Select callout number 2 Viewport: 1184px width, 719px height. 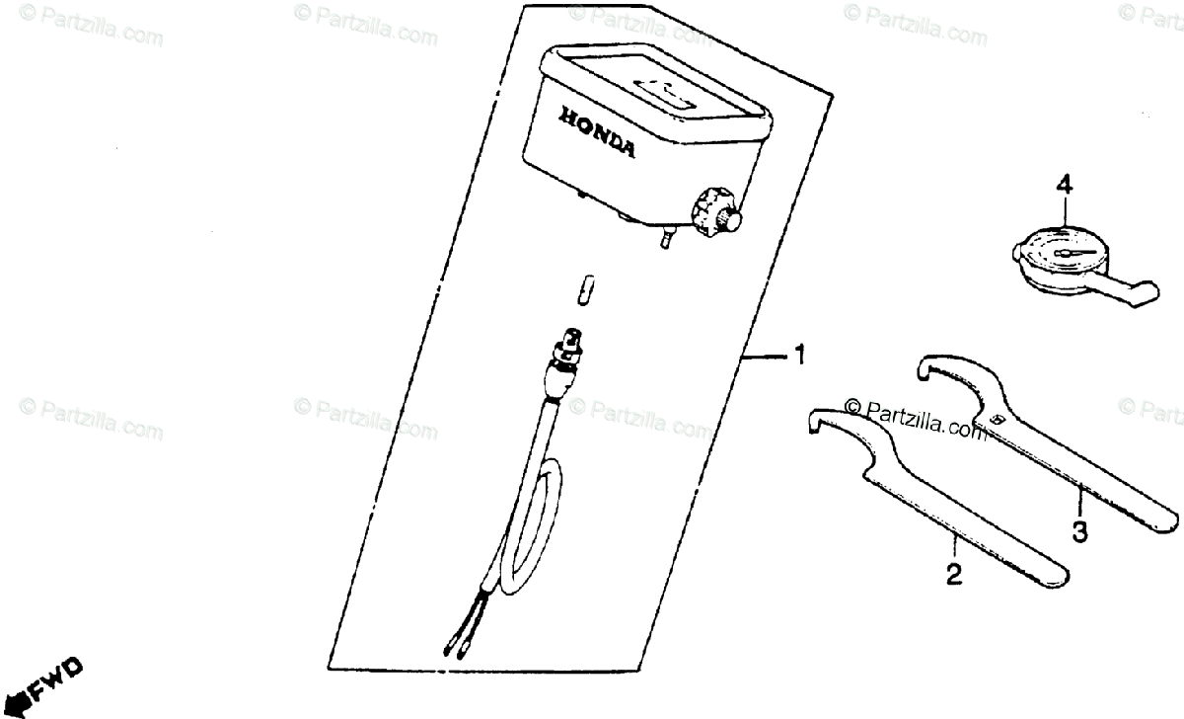(953, 574)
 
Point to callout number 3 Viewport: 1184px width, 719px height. (1079, 532)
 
